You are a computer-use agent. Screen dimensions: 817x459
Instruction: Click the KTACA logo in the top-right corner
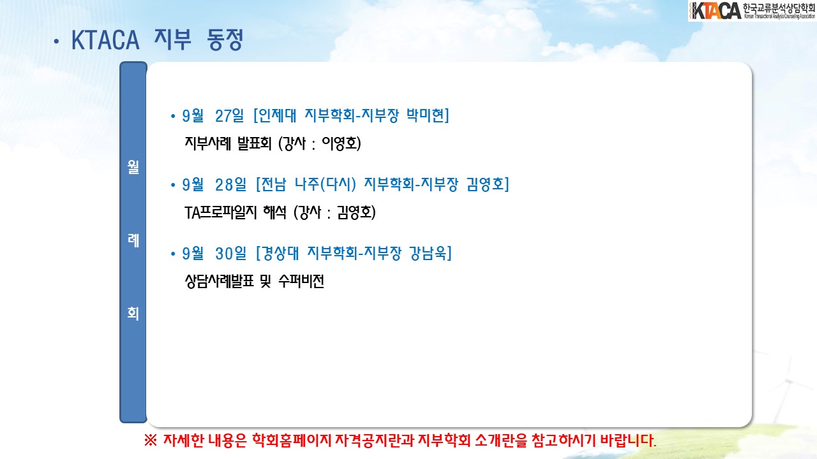point(752,11)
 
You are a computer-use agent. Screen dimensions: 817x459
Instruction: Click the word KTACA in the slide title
point(105,40)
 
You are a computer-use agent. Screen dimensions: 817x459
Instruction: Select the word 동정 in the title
point(225,40)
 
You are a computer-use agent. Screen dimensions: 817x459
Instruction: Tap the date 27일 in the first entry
point(229,116)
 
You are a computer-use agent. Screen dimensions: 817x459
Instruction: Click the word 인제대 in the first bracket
point(277,115)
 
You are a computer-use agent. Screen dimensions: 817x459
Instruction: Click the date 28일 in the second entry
point(230,185)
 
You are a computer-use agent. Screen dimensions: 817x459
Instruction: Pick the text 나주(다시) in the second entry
point(325,184)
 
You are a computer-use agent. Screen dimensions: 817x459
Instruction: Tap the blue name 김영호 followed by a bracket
point(486,184)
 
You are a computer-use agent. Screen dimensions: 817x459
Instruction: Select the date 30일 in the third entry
point(230,254)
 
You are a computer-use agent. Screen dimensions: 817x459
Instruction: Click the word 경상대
point(280,253)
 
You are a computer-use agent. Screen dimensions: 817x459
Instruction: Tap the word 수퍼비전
point(301,281)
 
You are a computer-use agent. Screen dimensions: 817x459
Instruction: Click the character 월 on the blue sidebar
point(133,167)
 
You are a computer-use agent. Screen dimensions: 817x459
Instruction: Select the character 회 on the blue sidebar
point(133,313)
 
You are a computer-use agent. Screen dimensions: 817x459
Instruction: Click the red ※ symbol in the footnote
point(150,441)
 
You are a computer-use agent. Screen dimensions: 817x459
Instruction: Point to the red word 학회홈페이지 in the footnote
point(292,441)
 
